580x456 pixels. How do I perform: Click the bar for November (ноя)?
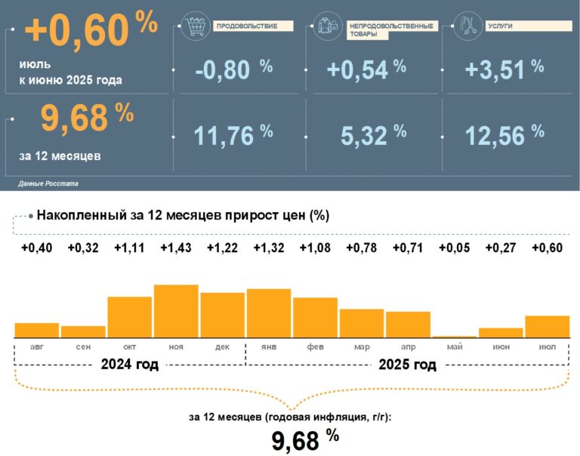[176, 311]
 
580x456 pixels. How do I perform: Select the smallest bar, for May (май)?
[455, 336]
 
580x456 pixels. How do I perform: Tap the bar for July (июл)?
[547, 327]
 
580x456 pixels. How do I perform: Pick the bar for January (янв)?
[269, 313]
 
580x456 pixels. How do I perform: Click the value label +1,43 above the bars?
[176, 248]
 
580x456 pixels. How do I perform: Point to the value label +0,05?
[455, 248]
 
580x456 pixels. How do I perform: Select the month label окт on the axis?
[129, 347]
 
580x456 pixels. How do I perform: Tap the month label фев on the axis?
[315, 347]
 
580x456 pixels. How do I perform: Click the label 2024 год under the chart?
[130, 365]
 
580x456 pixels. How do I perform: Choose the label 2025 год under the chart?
[407, 365]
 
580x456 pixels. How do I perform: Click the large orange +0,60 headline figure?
[77, 31]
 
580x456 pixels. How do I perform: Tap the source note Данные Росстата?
[48, 183]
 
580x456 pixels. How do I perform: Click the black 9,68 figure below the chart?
[295, 441]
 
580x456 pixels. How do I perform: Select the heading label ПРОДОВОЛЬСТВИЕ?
[247, 26]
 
